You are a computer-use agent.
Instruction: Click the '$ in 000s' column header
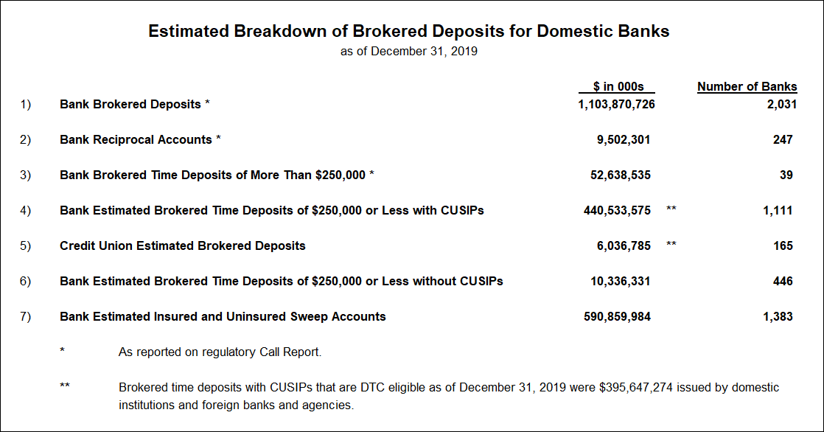click(618, 87)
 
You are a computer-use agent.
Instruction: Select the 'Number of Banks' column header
click(747, 87)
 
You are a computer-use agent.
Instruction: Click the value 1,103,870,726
click(616, 105)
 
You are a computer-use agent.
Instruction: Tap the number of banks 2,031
click(782, 105)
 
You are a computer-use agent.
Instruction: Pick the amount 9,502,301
click(624, 140)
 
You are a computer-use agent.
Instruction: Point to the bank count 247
click(783, 140)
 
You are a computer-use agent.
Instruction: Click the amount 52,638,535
click(620, 175)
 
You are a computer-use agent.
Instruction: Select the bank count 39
click(786, 175)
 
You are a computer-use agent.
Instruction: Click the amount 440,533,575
click(617, 211)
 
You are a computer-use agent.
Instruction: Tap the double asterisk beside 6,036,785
click(671, 244)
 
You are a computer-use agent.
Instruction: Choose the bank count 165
click(783, 246)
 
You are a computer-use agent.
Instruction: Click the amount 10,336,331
click(620, 281)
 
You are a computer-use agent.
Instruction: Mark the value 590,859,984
click(617, 317)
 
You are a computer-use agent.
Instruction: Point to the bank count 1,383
click(778, 317)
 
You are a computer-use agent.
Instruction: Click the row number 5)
click(25, 246)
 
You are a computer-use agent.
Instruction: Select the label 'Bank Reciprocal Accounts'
click(136, 140)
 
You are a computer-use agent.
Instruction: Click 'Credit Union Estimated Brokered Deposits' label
click(182, 246)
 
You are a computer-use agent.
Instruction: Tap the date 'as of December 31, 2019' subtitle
click(409, 52)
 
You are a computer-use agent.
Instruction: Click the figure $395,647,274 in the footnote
click(636, 388)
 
